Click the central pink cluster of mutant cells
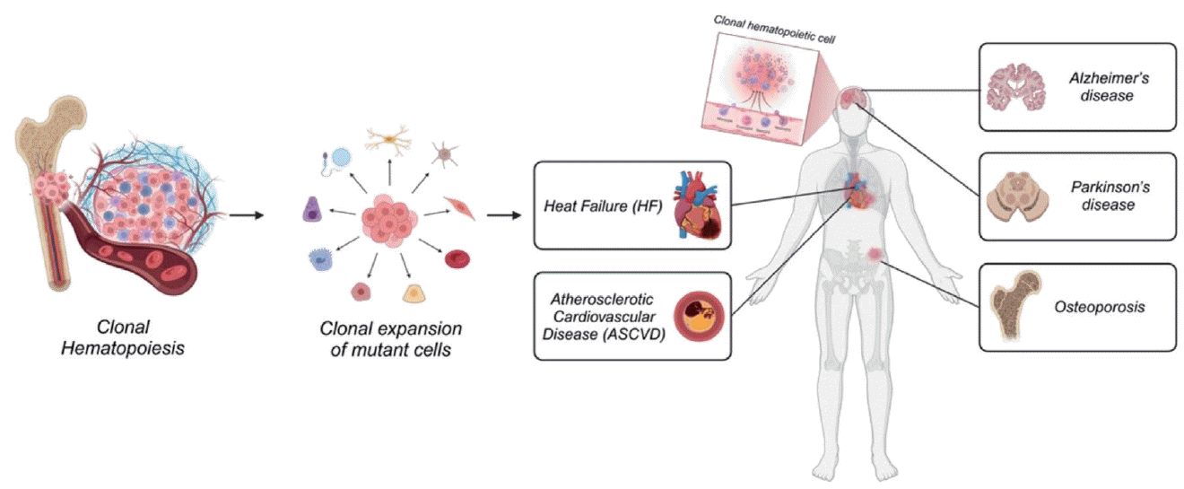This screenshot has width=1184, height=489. coord(391,218)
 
